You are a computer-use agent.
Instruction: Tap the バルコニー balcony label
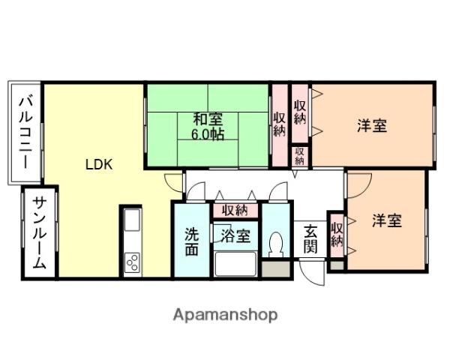click(x=25, y=131)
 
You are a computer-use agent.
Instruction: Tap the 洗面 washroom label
click(x=192, y=240)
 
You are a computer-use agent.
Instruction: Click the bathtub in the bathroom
click(x=236, y=263)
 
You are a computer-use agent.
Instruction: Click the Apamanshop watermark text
click(x=226, y=315)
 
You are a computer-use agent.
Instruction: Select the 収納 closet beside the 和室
click(x=279, y=124)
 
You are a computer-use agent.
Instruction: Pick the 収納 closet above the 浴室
click(x=235, y=211)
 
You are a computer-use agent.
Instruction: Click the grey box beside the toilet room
click(x=275, y=269)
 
